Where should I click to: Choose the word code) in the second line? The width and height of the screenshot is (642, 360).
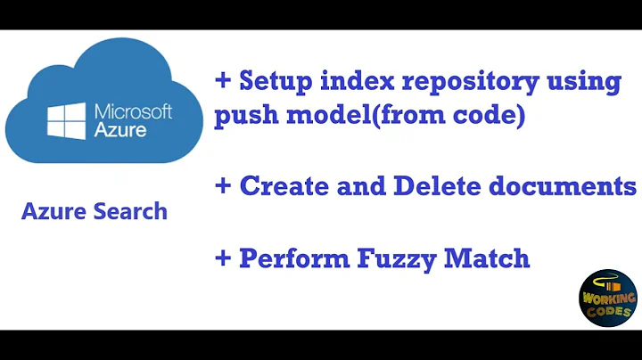click(490, 117)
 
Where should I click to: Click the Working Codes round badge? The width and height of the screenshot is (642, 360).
click(607, 297)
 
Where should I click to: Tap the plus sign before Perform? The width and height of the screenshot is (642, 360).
click(223, 259)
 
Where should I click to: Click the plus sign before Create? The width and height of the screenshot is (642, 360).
click(223, 186)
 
